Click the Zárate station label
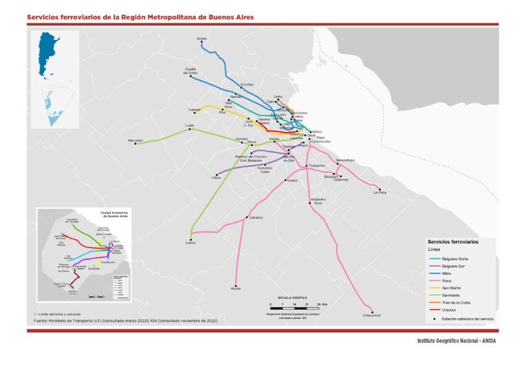[202, 38]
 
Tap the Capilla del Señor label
[191, 71]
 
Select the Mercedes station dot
[145, 143]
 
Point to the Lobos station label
[191, 242]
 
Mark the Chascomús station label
[371, 315]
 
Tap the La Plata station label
[380, 193]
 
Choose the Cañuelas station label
[256, 218]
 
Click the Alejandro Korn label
[318, 200]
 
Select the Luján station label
[189, 125]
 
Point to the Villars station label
[216, 178]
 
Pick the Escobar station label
[247, 84]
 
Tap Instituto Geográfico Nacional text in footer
[455, 341]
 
